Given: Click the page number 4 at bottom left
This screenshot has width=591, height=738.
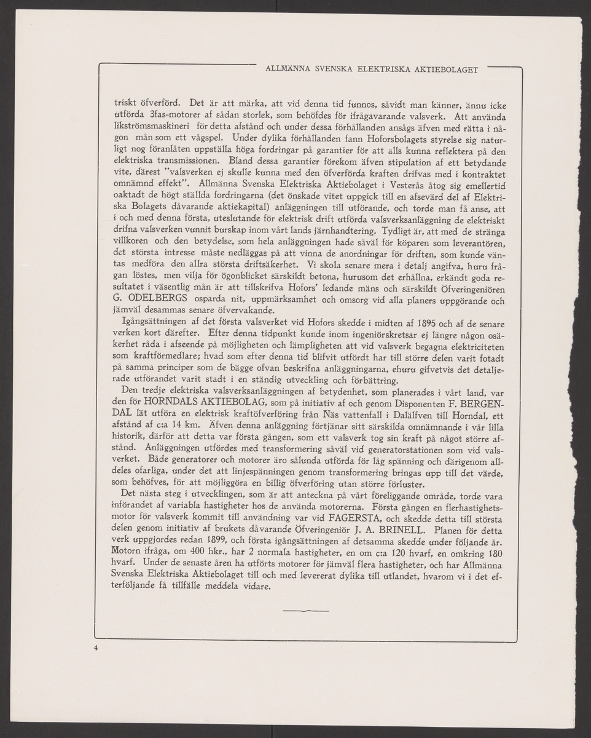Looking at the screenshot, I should click(96, 648).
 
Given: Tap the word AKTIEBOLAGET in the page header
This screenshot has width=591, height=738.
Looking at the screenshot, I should click(448, 69).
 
